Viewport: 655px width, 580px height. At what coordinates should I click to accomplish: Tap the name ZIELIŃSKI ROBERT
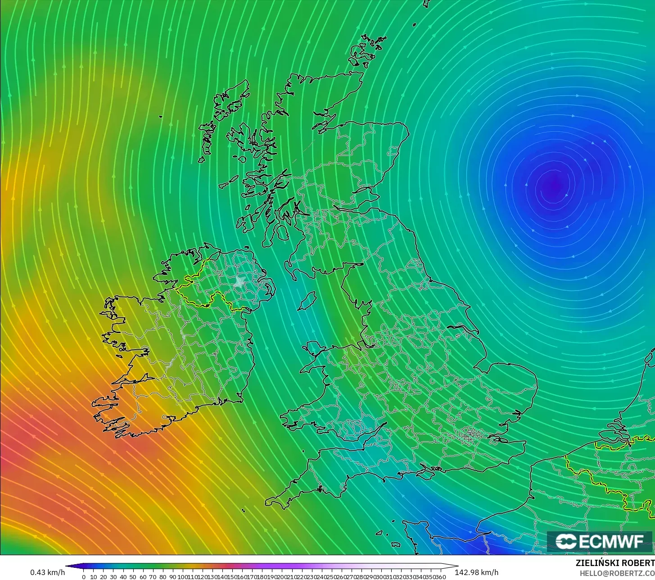coord(615,563)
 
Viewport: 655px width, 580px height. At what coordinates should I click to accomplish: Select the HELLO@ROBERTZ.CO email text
coord(617,573)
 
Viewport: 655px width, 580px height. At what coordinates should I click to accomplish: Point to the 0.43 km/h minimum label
coord(47,572)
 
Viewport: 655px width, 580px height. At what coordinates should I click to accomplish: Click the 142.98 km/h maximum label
coord(476,572)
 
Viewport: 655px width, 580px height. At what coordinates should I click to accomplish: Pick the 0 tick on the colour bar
coord(83,577)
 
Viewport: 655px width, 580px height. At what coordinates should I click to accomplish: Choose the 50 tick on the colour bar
coord(133,577)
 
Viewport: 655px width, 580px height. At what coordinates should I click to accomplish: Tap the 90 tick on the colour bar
coord(172,577)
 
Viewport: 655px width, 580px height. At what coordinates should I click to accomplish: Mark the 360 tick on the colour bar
coord(441,577)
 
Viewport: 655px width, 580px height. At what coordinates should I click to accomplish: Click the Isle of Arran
coord(282,233)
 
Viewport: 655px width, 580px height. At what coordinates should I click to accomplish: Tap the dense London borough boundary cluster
coord(470,435)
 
